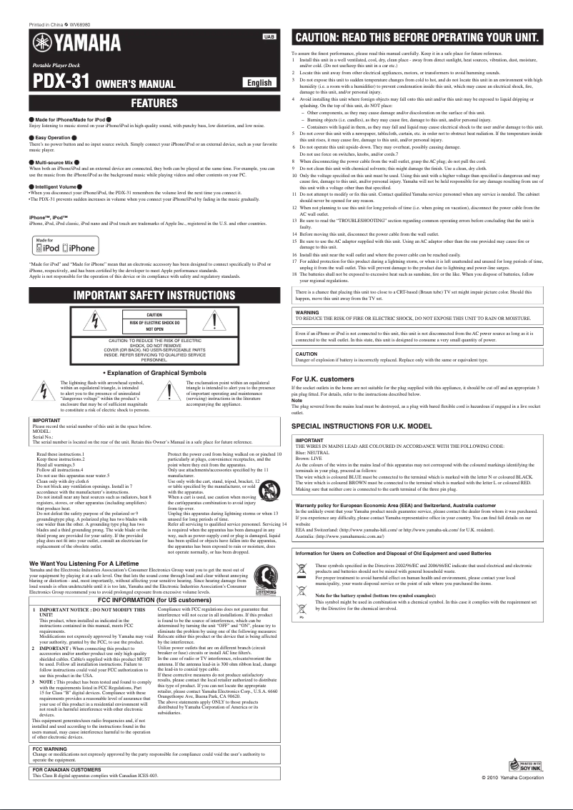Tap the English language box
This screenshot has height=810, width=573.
(x=259, y=83)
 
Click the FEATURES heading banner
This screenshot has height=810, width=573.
(x=154, y=103)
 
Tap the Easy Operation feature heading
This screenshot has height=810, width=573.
(x=53, y=137)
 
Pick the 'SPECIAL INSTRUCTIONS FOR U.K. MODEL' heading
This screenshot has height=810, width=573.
(x=362, y=426)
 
